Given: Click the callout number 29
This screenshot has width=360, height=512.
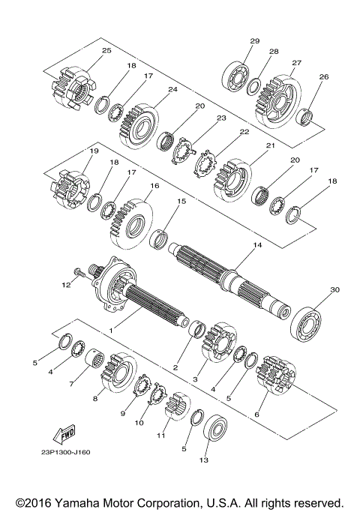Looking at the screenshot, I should [254, 40].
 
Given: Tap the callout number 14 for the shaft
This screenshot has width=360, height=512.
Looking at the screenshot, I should [257, 245].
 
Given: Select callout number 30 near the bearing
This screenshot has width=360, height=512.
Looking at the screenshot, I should [334, 289].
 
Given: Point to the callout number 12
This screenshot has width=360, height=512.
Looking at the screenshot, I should [66, 286].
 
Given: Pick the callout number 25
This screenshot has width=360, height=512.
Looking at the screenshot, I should [106, 50].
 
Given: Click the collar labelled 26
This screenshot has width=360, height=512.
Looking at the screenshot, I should [306, 116].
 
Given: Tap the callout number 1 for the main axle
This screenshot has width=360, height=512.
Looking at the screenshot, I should [111, 330].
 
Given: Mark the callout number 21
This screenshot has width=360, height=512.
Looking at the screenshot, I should [270, 145].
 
